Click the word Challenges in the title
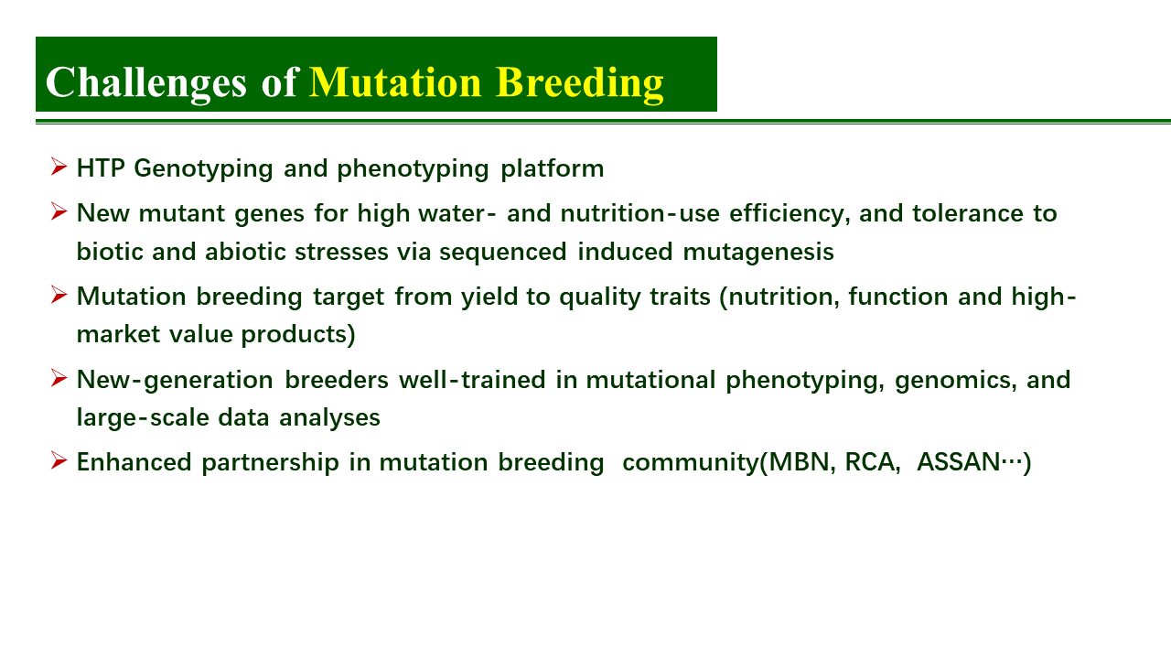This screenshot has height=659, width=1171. [x=145, y=83]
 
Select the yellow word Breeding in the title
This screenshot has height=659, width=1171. [x=580, y=83]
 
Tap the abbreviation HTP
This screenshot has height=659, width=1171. [x=101, y=168]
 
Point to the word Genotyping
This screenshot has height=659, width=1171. [x=203, y=169]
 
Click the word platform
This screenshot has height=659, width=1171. [x=552, y=169]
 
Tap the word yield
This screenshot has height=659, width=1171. [x=489, y=297]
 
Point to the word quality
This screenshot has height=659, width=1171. [x=599, y=297]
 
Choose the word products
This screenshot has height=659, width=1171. [x=298, y=335]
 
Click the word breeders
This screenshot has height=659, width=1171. [x=337, y=380]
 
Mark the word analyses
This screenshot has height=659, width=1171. [x=329, y=418]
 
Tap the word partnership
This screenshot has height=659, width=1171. [x=270, y=463]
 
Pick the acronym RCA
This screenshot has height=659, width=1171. [x=869, y=462]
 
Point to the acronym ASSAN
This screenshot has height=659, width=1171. [x=959, y=462]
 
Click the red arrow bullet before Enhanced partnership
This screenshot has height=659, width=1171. [x=59, y=460]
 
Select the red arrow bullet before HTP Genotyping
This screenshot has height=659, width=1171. [x=59, y=167]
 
